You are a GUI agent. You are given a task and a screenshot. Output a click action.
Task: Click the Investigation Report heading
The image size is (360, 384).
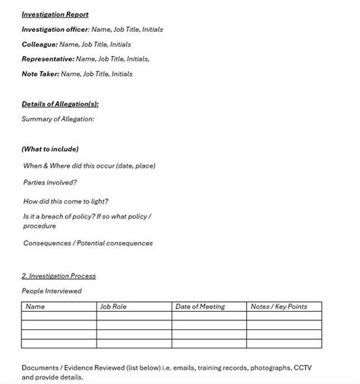(x=55, y=14)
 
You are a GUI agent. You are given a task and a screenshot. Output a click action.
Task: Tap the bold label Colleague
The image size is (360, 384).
(x=39, y=45)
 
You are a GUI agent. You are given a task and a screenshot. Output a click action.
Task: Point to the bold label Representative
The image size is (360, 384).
(x=47, y=58)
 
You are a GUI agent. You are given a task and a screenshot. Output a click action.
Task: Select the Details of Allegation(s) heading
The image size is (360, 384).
(x=60, y=104)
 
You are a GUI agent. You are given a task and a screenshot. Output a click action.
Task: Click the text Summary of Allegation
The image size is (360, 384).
(x=58, y=119)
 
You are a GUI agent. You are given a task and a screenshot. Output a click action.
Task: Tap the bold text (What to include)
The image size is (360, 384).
(x=50, y=149)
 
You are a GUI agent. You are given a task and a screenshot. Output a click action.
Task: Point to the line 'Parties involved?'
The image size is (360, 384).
(x=50, y=182)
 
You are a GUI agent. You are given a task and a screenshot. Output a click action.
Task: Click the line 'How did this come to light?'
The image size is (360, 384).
(x=65, y=201)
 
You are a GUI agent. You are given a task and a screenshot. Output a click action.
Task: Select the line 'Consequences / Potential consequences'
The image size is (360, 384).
(x=87, y=244)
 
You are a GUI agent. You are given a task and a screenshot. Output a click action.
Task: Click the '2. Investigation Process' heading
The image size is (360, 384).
(x=58, y=276)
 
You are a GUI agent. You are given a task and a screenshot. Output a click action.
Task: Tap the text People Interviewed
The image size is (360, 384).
(x=52, y=291)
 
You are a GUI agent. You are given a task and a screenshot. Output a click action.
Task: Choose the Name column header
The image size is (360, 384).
(x=35, y=307)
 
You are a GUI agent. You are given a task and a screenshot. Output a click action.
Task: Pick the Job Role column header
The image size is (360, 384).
(x=113, y=307)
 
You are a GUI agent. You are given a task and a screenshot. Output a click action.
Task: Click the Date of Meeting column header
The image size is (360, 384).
(x=200, y=307)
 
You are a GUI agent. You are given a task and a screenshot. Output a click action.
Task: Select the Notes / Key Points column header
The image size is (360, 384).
(x=279, y=307)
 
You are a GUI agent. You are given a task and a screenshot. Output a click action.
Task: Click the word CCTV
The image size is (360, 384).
(x=302, y=367)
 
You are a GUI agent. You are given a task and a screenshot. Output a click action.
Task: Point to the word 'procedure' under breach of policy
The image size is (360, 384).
(x=39, y=226)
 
